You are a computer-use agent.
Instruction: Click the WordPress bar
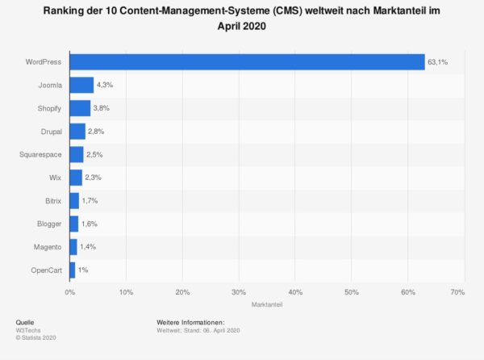click(x=247, y=62)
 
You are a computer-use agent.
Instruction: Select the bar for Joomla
click(x=81, y=85)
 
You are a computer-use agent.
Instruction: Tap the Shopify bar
click(x=80, y=108)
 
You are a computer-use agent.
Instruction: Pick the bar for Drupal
click(x=77, y=131)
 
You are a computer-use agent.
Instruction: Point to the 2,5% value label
click(x=95, y=154)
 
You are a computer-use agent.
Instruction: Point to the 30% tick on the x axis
click(x=239, y=291)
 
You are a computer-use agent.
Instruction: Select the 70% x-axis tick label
click(x=457, y=291)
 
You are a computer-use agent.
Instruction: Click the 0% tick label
click(x=70, y=291)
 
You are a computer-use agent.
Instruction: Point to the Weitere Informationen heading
click(x=190, y=322)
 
